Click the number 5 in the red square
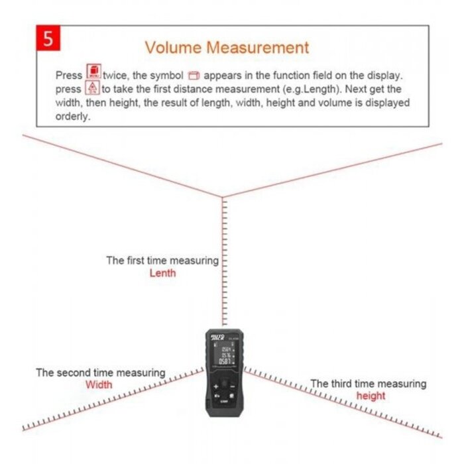click(48, 39)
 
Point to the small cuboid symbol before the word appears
click(193, 75)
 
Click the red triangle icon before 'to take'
click(92, 88)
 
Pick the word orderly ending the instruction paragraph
click(73, 116)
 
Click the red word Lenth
click(162, 273)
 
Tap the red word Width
click(99, 384)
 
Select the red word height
click(371, 396)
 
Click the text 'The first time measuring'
click(162, 261)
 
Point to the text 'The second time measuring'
click(101, 373)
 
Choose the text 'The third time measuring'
click(368, 384)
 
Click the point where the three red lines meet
click(222, 197)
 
